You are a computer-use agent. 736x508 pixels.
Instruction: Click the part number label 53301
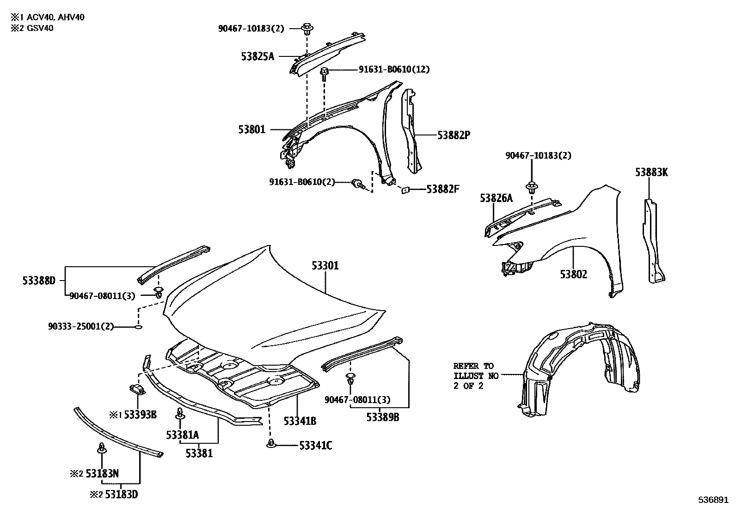pyautogui.click(x=325, y=266)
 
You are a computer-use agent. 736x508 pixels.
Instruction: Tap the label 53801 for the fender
pyautogui.click(x=252, y=129)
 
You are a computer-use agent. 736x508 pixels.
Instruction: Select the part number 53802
pyautogui.click(x=573, y=274)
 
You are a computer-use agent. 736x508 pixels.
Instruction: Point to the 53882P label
pyautogui.click(x=454, y=135)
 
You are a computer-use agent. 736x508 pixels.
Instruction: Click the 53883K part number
pyautogui.click(x=651, y=173)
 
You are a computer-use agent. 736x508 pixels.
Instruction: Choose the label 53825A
pyautogui.click(x=258, y=56)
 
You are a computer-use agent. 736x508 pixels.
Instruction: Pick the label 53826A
pyautogui.click(x=496, y=198)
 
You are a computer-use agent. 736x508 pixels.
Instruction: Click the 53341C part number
pyautogui.click(x=315, y=446)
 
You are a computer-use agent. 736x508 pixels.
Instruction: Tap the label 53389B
pyautogui.click(x=383, y=417)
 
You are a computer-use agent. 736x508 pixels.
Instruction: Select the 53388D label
pyautogui.click(x=39, y=280)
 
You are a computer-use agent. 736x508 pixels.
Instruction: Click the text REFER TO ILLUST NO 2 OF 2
pyautogui.click(x=473, y=376)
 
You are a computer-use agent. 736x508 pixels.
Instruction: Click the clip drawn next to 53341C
pyautogui.click(x=271, y=444)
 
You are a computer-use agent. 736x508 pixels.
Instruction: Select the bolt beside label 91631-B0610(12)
pyautogui.click(x=325, y=73)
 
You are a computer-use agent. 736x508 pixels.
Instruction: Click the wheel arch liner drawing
pyautogui.click(x=578, y=365)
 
